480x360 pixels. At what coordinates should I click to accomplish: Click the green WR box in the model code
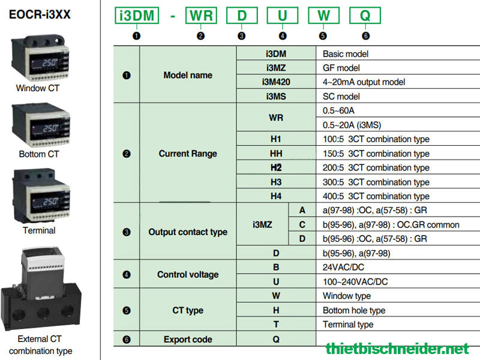point(201,16)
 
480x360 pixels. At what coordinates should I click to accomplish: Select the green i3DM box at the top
point(137,16)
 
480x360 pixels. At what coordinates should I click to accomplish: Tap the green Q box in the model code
point(365,16)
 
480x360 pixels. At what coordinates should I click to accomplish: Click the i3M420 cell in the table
point(276,82)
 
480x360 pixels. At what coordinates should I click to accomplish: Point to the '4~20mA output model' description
point(364,82)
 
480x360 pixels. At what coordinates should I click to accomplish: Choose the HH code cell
point(276,154)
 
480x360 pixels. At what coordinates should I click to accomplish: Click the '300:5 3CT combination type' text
point(376,182)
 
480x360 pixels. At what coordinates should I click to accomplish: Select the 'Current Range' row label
point(188,154)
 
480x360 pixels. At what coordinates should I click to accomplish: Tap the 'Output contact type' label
point(188,232)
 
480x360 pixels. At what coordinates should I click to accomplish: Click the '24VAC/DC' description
point(343,267)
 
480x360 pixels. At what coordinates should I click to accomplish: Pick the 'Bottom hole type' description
point(354,310)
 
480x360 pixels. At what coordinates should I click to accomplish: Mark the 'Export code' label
point(188,339)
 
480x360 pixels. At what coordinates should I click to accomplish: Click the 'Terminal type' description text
point(348,324)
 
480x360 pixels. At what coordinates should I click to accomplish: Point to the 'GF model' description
point(341,68)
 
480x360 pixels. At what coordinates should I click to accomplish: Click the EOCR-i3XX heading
point(40,14)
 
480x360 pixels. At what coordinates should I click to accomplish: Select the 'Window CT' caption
point(37,88)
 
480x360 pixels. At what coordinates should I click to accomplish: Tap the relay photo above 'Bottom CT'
point(40,125)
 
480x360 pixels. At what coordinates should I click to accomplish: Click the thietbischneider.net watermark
point(397,349)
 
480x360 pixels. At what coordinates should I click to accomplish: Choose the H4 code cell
point(276,196)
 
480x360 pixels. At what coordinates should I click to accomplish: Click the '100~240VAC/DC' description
point(355,281)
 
